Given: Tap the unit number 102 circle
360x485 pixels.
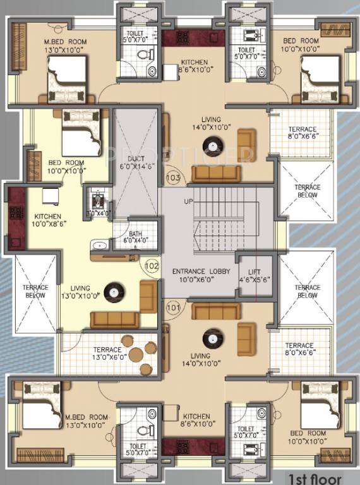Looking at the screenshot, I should [152, 266].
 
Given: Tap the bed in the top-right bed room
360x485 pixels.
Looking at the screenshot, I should [320, 78].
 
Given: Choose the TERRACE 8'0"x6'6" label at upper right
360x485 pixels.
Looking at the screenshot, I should [301, 133].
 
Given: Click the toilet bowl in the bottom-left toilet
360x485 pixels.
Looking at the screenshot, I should [145, 429].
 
